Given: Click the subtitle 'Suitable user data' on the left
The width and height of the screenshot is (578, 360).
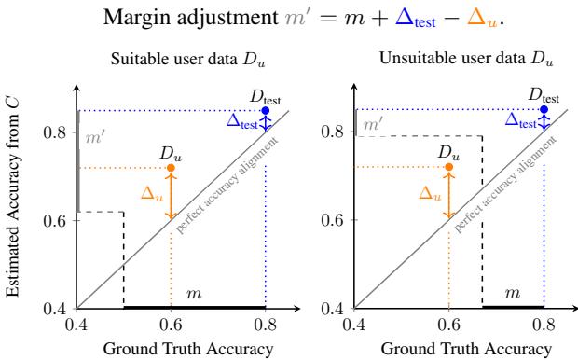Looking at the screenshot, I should [x=171, y=63].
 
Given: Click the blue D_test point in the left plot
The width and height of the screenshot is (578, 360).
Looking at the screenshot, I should [x=266, y=111].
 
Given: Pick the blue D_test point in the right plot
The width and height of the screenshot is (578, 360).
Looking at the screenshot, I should [x=544, y=111].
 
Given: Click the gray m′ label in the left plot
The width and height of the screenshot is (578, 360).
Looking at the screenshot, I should [x=93, y=138].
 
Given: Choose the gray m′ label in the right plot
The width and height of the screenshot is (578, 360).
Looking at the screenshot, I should [x=372, y=123].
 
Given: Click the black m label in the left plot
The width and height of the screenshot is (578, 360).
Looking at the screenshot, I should [x=194, y=294].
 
